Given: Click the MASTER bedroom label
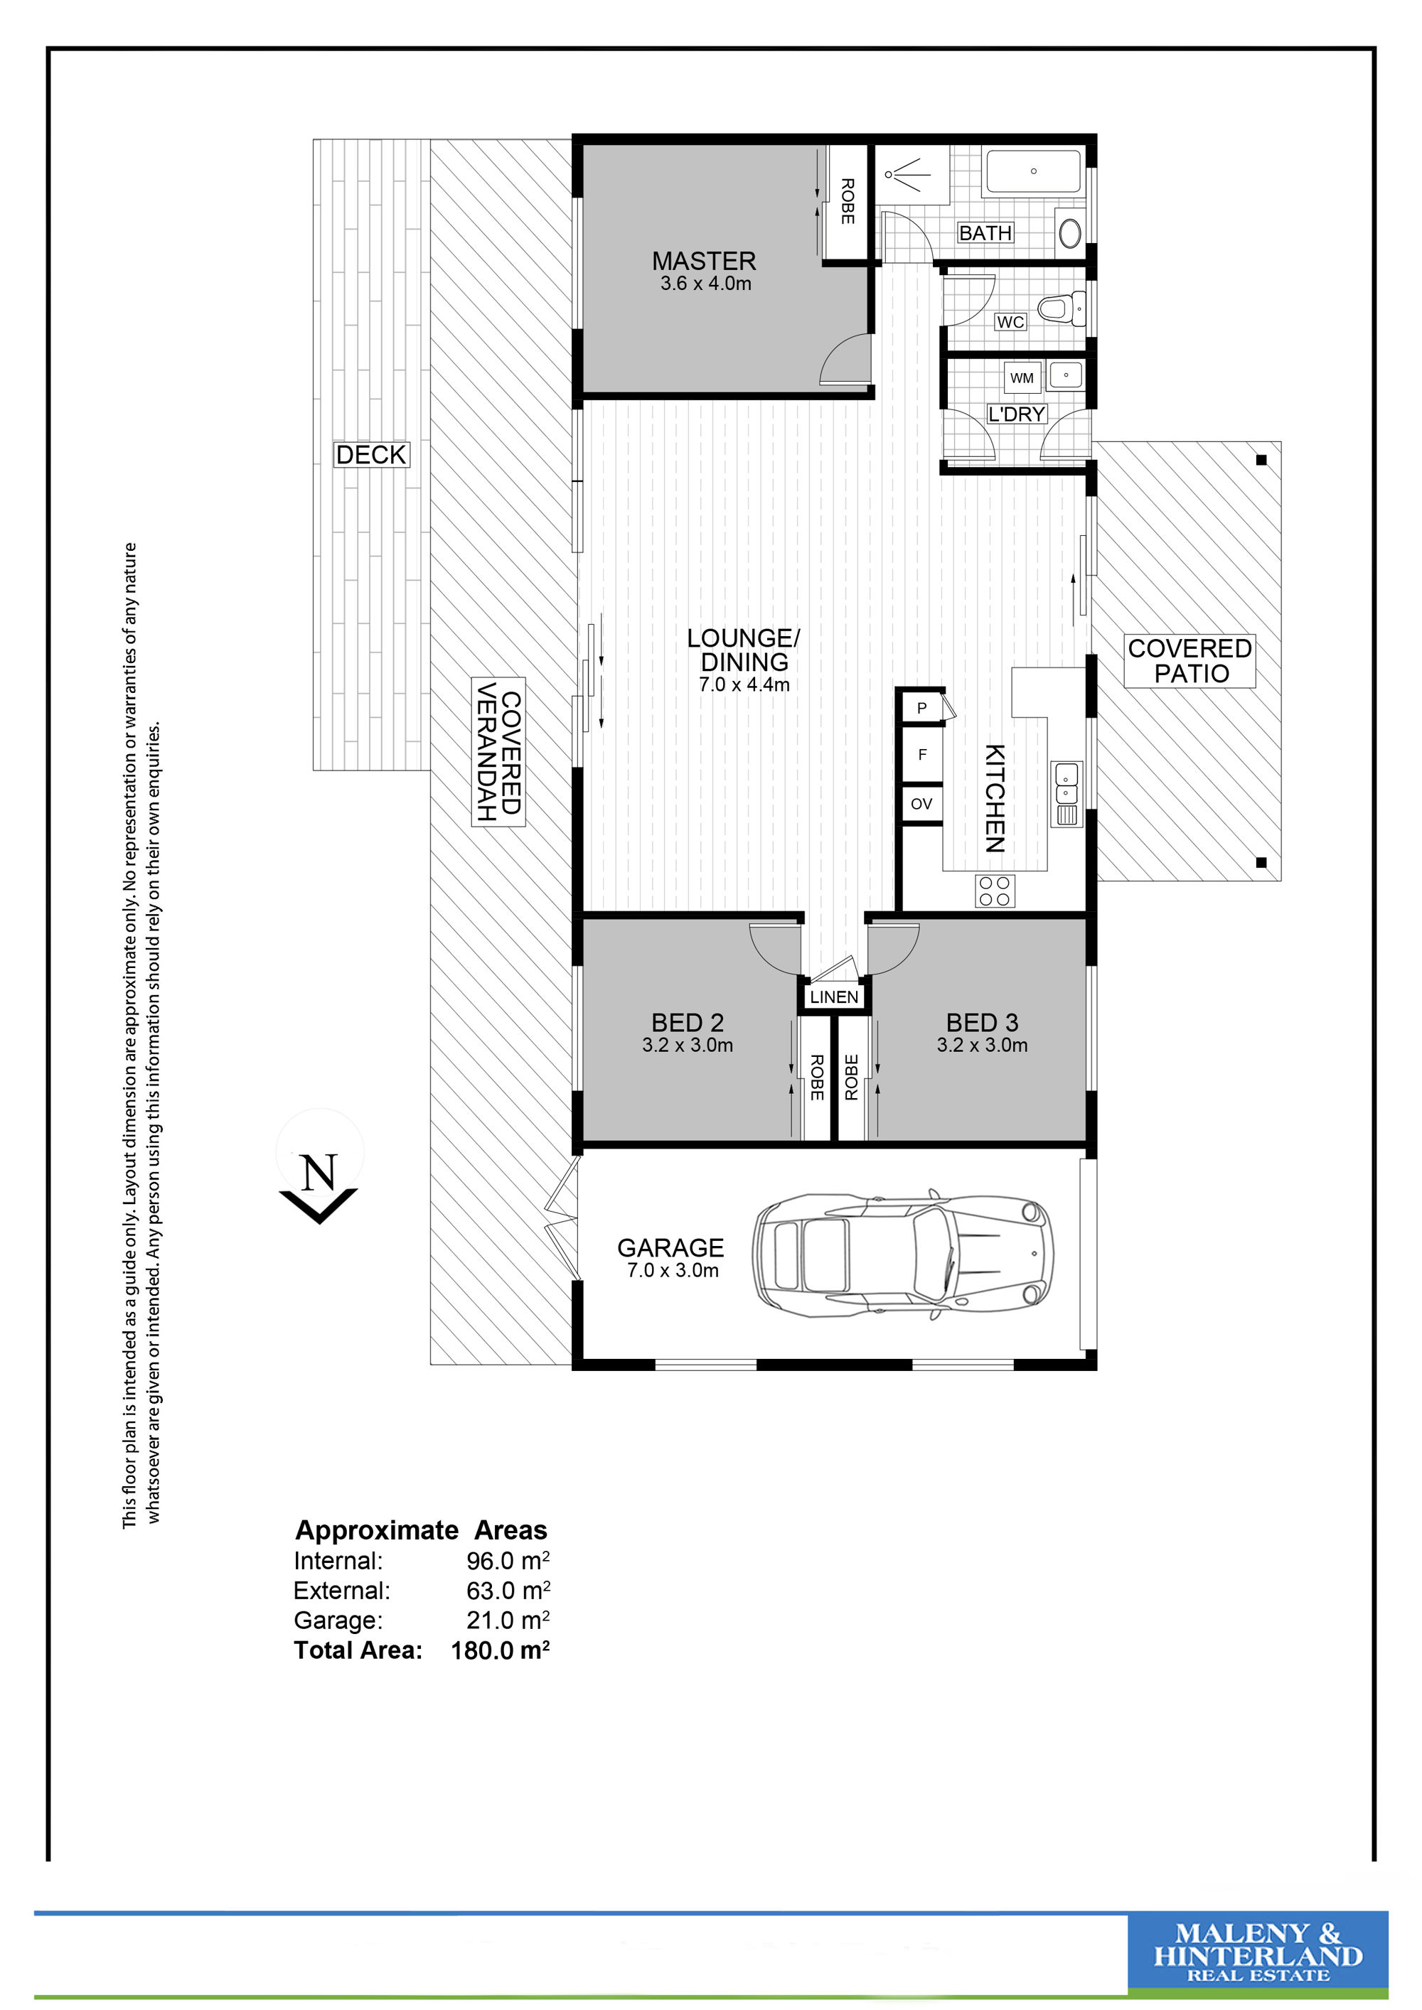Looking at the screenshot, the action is (703, 261).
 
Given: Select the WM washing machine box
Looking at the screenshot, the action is (1021, 378).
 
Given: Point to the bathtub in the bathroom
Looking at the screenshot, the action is (1034, 171).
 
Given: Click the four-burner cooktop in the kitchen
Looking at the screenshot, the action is (995, 891).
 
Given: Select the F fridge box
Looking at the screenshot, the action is (921, 753).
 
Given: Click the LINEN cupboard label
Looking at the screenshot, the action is (833, 997).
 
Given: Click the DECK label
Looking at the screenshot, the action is (371, 455).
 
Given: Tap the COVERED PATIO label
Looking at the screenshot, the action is (1189, 661).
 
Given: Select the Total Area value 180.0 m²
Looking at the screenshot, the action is (500, 1650).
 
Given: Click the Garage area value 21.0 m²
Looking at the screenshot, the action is (508, 1621).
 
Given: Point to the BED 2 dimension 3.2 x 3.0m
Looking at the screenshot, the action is (688, 1044).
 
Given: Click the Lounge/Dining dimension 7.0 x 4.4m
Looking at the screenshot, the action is (744, 684).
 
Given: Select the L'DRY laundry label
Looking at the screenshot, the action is (1017, 414).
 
